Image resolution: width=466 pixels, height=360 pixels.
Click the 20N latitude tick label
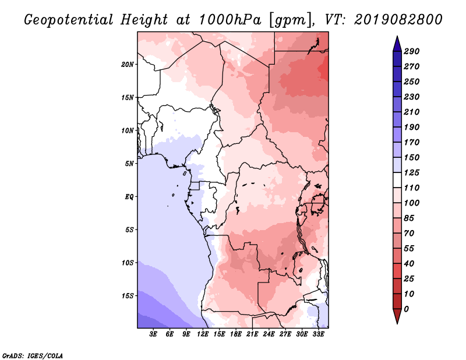127,64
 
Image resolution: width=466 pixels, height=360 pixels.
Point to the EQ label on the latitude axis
129,196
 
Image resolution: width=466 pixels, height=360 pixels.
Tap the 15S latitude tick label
127,296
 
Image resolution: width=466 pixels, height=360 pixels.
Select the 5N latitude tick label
129,164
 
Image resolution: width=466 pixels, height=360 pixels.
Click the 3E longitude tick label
153,334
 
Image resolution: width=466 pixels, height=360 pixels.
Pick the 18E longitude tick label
236,334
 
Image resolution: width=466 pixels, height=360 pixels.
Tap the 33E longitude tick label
318,334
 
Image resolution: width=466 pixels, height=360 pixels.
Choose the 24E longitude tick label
269,334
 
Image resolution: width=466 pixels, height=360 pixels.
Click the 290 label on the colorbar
411,51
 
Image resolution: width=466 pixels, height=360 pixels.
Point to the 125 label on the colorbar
411,172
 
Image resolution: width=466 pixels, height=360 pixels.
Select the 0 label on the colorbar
406,309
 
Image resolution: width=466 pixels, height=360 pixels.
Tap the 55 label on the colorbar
409,249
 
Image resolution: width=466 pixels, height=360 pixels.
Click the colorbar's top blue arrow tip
397,36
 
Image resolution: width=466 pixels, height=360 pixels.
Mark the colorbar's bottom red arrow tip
397,324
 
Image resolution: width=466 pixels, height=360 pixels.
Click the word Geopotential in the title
69,20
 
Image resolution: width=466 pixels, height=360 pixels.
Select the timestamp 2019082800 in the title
398,20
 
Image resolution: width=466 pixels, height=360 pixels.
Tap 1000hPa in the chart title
230,20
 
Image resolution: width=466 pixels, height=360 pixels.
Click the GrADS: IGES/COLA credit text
33,355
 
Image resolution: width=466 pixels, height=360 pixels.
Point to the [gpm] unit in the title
292,20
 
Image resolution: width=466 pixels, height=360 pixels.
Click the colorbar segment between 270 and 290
397,59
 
